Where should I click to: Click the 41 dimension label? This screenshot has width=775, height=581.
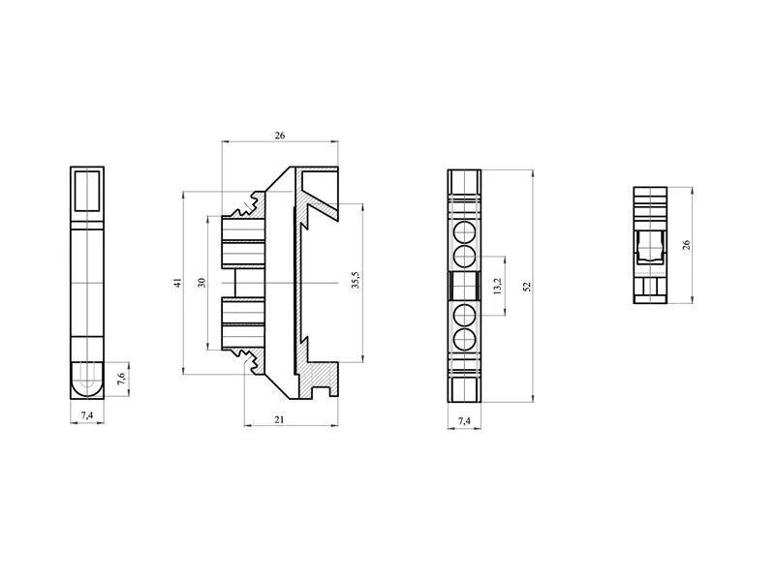click(178, 282)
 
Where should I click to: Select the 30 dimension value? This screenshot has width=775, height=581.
click(201, 283)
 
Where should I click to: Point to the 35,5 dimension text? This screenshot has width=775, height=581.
click(356, 280)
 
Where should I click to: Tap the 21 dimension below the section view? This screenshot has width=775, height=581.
click(279, 419)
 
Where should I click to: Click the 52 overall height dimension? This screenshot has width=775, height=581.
click(527, 287)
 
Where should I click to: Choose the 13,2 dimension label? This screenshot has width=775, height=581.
click(497, 286)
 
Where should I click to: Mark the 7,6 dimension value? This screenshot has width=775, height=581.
click(121, 379)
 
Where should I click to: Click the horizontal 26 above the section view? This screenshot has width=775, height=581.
click(280, 136)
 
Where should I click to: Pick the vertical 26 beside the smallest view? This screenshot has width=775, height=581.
click(686, 245)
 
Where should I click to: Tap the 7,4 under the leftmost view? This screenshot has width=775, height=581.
click(87, 415)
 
